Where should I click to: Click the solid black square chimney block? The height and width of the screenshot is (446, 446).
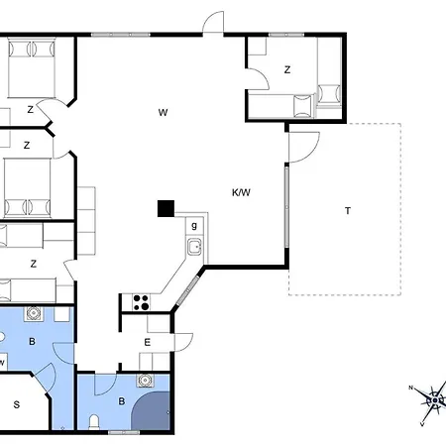[166, 209]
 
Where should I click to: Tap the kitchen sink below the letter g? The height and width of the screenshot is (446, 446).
[194, 247]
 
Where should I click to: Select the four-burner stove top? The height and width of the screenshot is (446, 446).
[141, 302]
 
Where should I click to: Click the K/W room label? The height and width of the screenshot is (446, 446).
[241, 192]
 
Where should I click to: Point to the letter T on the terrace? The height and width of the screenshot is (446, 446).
[348, 210]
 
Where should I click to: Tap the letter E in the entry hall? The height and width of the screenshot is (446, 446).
[148, 342]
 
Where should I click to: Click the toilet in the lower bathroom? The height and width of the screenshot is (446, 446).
[94, 422]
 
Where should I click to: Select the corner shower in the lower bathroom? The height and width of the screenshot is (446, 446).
[151, 411]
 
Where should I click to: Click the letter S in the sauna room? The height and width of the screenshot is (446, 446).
[17, 404]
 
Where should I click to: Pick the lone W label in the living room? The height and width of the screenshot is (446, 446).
[163, 113]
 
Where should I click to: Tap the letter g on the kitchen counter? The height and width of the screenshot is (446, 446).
[194, 226]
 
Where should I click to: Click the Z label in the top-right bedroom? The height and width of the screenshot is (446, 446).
[287, 69]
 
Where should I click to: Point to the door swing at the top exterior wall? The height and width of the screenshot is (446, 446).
[213, 22]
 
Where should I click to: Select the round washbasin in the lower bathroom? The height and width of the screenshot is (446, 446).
[145, 381]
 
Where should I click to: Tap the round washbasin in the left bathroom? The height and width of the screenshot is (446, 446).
[33, 313]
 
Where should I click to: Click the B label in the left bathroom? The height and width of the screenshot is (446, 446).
[32, 341]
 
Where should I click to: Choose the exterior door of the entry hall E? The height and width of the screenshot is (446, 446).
[183, 342]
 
